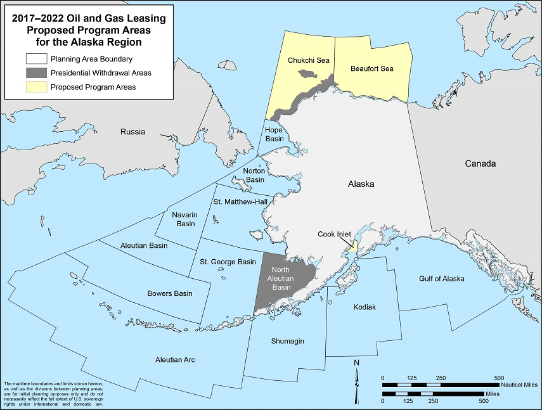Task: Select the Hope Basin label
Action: (x=274, y=134)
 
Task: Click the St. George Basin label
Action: (x=228, y=262)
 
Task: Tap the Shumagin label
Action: (x=288, y=341)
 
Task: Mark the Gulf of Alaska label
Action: (x=441, y=279)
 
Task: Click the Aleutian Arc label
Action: (x=175, y=360)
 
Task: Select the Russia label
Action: (x=132, y=132)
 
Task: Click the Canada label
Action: (x=480, y=163)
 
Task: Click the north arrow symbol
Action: (x=356, y=374)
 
